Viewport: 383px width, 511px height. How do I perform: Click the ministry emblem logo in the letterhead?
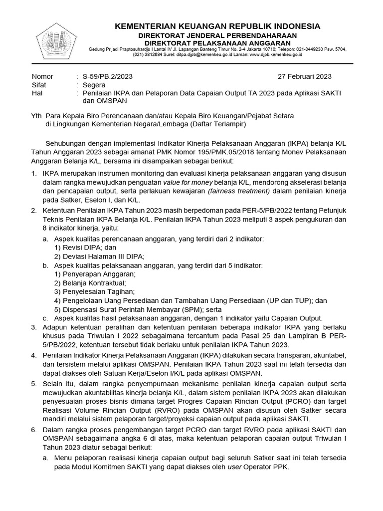pos(55,39)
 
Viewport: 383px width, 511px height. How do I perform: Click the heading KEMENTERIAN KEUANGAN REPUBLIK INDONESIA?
pos(218,26)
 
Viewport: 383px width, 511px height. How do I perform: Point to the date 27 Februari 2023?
pos(304,76)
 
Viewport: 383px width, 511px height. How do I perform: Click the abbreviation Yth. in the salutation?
pos(37,116)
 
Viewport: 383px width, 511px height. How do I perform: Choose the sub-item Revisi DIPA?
pos(85,248)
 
